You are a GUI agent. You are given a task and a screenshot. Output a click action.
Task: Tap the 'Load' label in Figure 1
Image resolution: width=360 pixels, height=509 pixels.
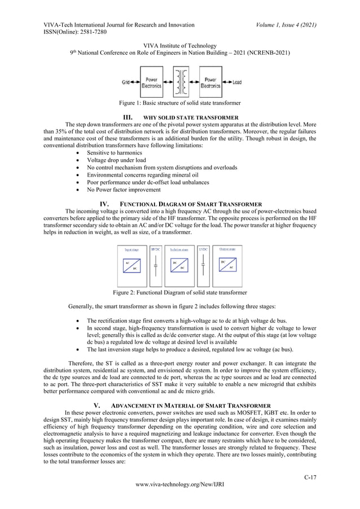tap(236, 82)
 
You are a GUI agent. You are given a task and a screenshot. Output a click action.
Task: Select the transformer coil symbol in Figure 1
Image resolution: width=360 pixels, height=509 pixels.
tap(181, 82)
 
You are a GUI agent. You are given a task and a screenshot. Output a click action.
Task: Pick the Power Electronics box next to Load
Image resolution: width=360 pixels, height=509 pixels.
tap(210, 82)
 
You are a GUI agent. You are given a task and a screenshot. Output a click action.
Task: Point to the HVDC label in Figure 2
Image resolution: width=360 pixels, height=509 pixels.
tap(156, 249)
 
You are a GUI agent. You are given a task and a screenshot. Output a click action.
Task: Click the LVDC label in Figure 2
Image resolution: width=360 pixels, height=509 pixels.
tap(204, 249)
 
